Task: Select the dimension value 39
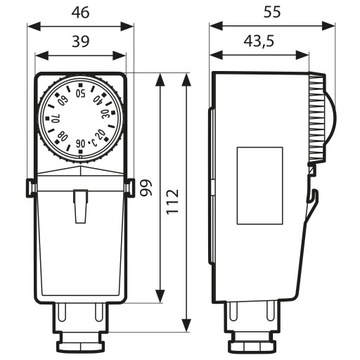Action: pos(79,40)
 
